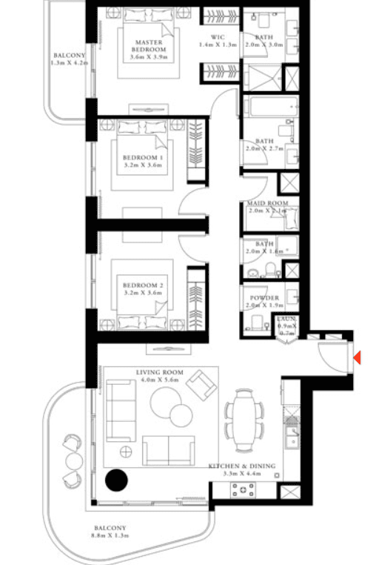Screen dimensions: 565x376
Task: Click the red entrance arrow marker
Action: [x=357, y=358]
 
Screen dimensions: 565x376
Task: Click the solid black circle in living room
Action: [x=115, y=481]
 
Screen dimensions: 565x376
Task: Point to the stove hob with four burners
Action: [x=244, y=489]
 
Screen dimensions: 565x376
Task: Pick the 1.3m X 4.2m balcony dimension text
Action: [x=70, y=64]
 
